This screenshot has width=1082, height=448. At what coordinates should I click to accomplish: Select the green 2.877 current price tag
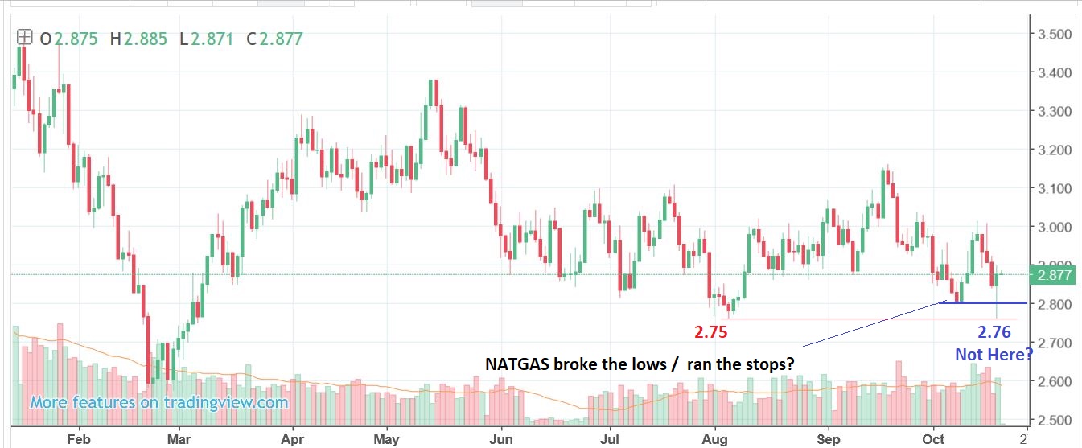(x=1054, y=275)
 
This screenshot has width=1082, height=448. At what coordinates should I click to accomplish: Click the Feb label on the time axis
(x=76, y=439)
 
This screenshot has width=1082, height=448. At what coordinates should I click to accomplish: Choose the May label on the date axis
(x=387, y=439)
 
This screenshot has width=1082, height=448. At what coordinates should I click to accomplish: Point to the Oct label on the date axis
(x=933, y=439)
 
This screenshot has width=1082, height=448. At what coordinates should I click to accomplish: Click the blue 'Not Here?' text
(x=994, y=354)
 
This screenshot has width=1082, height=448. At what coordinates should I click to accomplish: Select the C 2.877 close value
(x=278, y=38)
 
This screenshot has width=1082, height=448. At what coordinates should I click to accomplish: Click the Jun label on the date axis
(x=501, y=439)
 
